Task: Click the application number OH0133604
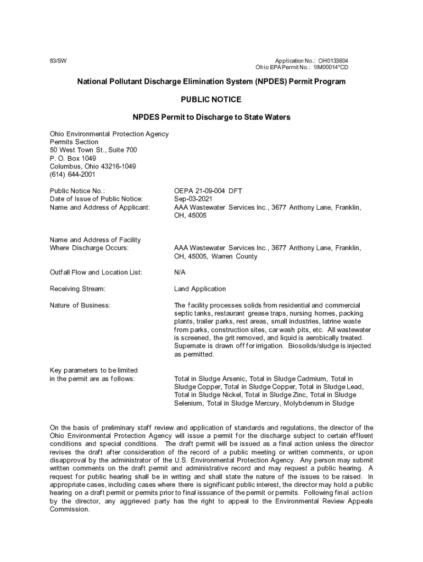333,60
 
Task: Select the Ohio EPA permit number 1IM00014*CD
331,68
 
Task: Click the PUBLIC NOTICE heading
211,100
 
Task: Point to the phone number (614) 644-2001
73,175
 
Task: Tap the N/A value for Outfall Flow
180,272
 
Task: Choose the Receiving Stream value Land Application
200,289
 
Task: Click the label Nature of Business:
80,305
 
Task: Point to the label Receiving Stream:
77,289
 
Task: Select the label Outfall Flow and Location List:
96,272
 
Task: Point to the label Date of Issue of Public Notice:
96,199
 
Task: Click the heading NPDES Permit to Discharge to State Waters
211,117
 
